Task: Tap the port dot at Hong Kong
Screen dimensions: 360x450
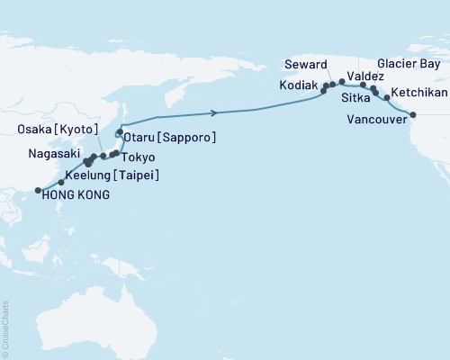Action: (38, 190)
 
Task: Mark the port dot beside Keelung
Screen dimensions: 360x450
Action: (60, 183)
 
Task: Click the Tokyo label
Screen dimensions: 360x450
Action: (136, 158)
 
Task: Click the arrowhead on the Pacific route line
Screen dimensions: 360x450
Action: (213, 112)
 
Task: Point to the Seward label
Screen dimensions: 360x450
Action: (305, 63)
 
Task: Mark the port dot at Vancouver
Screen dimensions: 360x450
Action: (413, 114)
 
